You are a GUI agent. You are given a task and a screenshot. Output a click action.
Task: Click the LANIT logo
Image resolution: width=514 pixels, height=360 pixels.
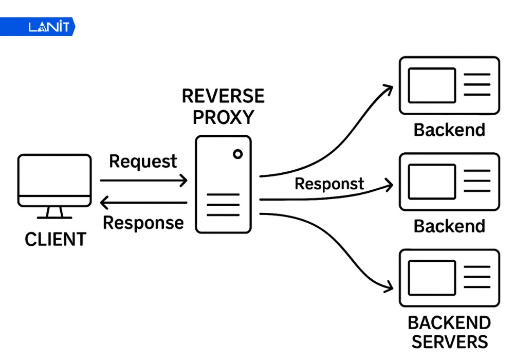pyautogui.click(x=48, y=27)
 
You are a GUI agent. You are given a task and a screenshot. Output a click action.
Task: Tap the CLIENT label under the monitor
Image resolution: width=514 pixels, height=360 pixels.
pyautogui.click(x=56, y=239)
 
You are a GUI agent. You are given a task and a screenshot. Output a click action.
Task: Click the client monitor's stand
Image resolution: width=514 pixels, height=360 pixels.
pyautogui.click(x=54, y=212)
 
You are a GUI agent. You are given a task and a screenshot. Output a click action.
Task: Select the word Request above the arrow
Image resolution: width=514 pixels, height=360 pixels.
pyautogui.click(x=143, y=161)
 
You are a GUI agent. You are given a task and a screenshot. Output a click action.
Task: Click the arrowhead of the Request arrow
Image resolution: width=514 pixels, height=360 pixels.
pyautogui.click(x=183, y=181)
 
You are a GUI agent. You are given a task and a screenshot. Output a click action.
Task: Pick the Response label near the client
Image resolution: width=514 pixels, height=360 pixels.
pyautogui.click(x=143, y=223)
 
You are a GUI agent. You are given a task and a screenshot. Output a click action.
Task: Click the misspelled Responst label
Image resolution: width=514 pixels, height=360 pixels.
pyautogui.click(x=329, y=184)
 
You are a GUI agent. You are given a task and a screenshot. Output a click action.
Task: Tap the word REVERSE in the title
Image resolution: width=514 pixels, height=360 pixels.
pyautogui.click(x=223, y=96)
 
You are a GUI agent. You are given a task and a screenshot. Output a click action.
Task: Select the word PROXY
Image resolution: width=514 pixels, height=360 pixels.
pyautogui.click(x=223, y=117)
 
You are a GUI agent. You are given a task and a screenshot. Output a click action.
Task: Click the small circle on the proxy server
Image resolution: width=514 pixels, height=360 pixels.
pyautogui.click(x=237, y=154)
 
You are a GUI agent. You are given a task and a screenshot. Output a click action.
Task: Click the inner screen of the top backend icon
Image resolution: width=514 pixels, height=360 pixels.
pyautogui.click(x=432, y=85)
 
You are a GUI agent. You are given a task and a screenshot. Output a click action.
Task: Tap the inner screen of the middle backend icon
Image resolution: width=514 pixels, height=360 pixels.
pyautogui.click(x=432, y=182)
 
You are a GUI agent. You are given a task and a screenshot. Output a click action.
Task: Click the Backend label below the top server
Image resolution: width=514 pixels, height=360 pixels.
pyautogui.click(x=449, y=130)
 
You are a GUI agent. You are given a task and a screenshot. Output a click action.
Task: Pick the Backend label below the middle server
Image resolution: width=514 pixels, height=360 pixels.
pyautogui.click(x=449, y=226)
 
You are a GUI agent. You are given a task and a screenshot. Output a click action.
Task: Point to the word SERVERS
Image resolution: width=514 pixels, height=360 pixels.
pyautogui.click(x=449, y=342)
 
